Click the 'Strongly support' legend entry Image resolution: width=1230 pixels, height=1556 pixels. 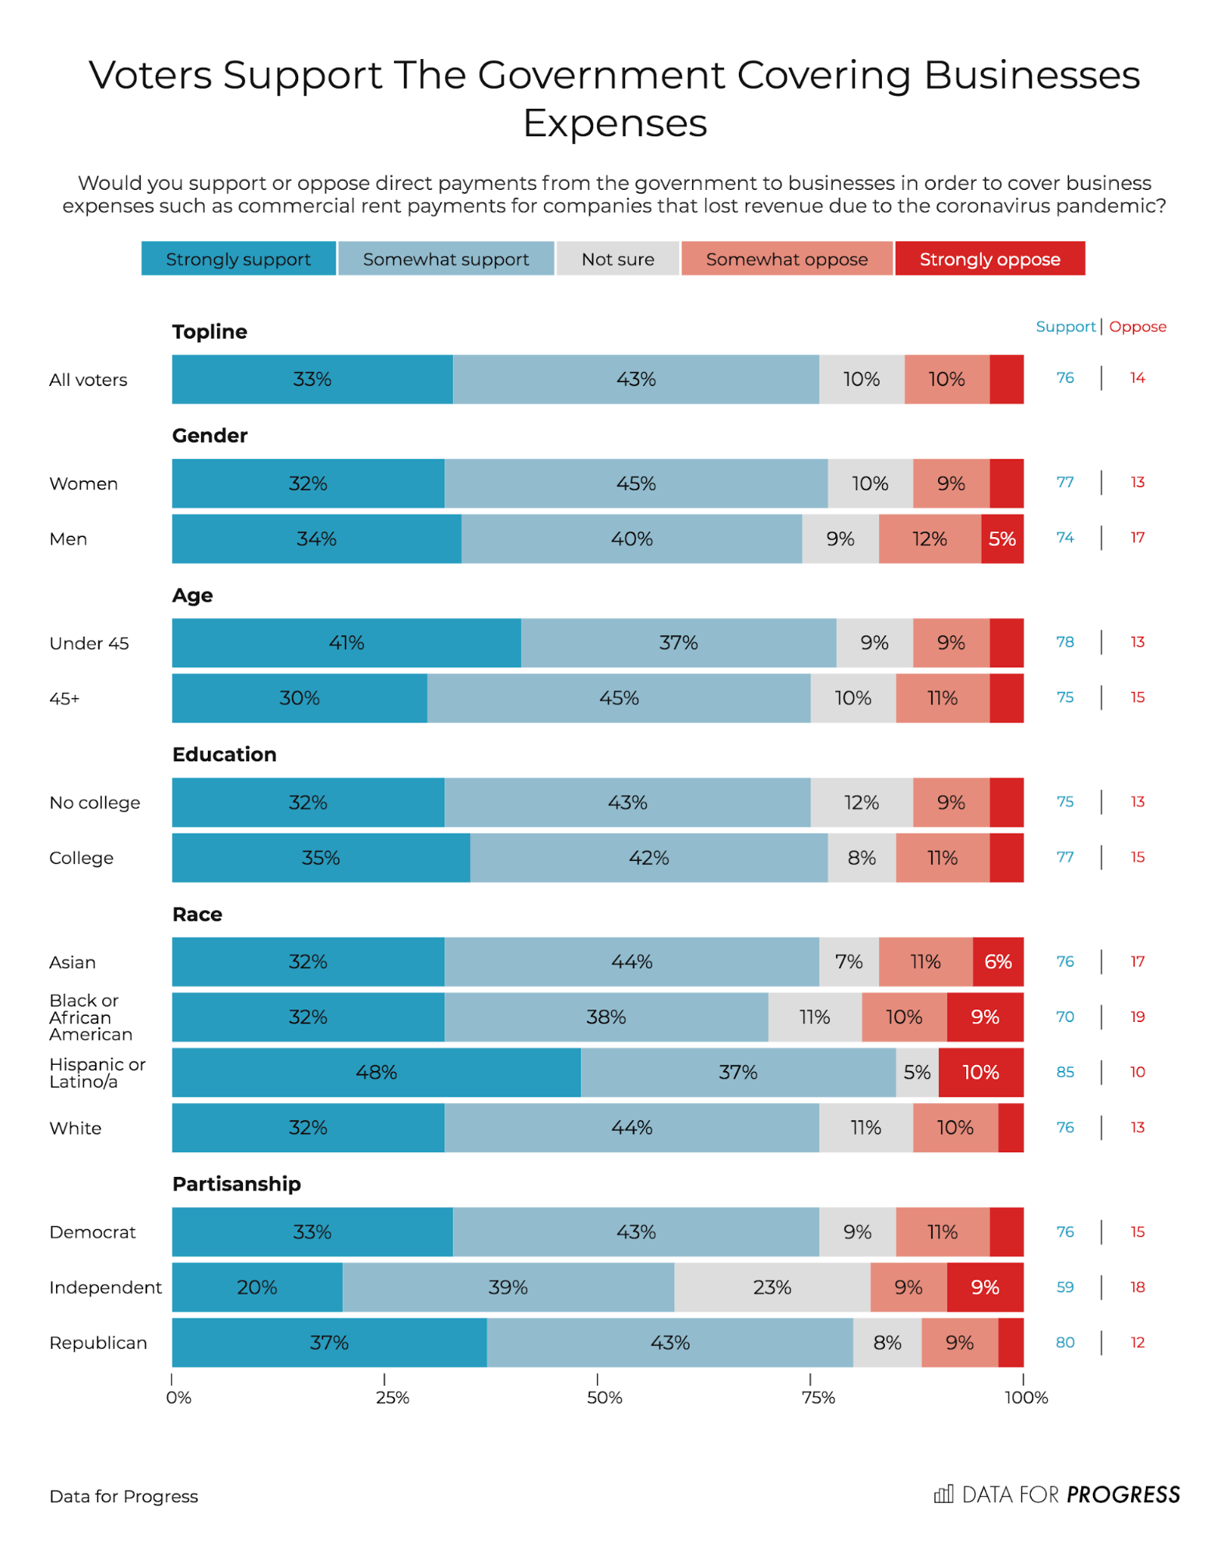[238, 258]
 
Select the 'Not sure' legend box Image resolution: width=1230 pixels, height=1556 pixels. [617, 258]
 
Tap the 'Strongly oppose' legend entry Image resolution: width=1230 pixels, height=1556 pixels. [989, 258]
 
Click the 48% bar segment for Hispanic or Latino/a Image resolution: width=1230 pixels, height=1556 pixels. [376, 1072]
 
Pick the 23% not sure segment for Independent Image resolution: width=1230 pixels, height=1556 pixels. [771, 1287]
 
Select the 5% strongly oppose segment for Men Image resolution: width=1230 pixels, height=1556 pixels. [1002, 539]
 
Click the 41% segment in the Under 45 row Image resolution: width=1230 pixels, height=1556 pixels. [346, 643]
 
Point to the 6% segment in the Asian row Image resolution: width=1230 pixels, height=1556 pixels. [998, 961]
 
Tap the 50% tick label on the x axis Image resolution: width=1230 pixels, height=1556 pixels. [604, 1397]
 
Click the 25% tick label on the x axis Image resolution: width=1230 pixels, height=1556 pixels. [392, 1397]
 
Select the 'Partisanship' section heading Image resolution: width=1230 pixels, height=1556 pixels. [237, 1183]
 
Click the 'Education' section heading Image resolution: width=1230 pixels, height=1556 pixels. [224, 754]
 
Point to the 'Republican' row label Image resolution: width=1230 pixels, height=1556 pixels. [98, 1343]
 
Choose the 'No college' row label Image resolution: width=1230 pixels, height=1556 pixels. [95, 803]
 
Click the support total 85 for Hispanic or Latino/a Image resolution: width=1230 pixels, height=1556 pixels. [1065, 1072]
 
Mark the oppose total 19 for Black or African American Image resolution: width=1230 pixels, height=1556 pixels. [1137, 1017]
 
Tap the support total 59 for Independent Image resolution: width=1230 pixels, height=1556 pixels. [1065, 1287]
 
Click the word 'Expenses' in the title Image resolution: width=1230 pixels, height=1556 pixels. [615, 123]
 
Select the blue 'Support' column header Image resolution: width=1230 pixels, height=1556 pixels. [1065, 327]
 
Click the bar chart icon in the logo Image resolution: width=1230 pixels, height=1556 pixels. [944, 1494]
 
